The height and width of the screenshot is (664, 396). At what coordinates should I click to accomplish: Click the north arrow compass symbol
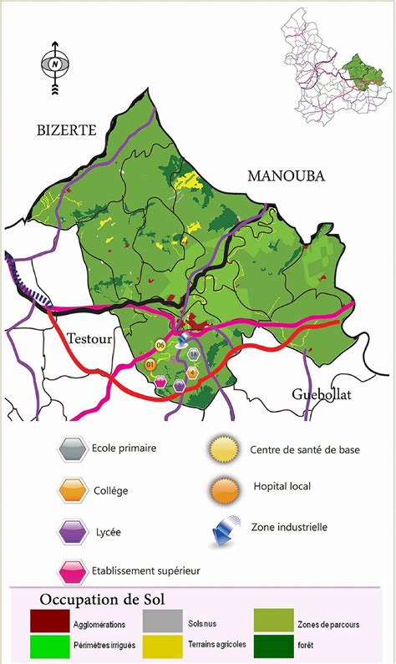click(55, 63)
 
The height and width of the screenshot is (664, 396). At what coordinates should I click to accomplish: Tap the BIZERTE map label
click(67, 129)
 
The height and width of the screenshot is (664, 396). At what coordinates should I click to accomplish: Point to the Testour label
click(88, 336)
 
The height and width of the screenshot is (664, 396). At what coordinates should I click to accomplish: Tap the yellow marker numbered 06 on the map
click(161, 345)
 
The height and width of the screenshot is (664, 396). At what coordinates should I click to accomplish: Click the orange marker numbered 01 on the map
click(151, 364)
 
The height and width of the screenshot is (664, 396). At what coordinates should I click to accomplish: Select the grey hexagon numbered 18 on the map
click(194, 354)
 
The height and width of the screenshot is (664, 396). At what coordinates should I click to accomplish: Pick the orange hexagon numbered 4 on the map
click(192, 373)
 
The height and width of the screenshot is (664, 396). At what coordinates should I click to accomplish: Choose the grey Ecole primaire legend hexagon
click(73, 449)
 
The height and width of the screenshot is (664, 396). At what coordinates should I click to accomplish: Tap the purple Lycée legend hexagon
click(73, 532)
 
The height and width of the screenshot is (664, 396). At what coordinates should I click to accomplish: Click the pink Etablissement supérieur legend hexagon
click(73, 572)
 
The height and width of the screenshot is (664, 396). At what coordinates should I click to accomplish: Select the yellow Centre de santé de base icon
click(223, 449)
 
